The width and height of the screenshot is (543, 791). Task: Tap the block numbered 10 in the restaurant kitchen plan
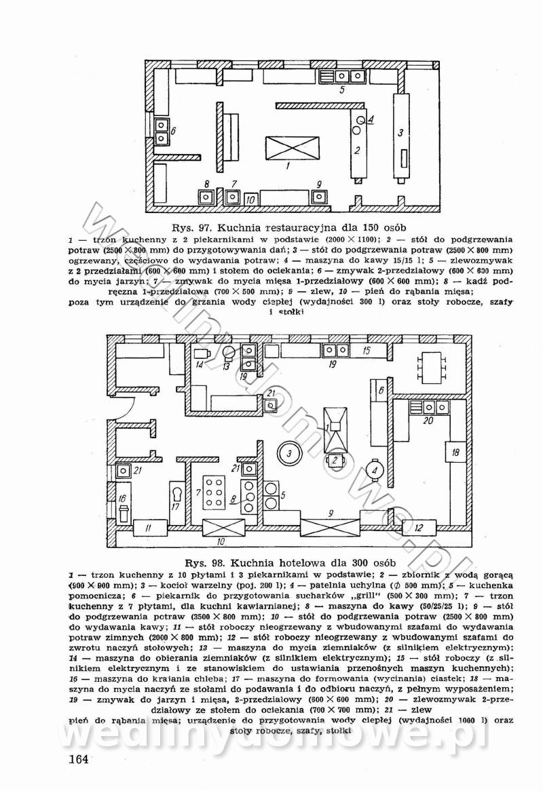pyautogui.click(x=250, y=199)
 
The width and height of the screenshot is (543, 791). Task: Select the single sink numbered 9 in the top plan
pyautogui.click(x=318, y=197)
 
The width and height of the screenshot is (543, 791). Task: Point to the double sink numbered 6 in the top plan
pyautogui.click(x=162, y=132)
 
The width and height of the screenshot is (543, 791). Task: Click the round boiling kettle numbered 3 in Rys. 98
pyautogui.click(x=288, y=452)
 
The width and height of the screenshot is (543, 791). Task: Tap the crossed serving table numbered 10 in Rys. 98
pyautogui.click(x=219, y=527)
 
